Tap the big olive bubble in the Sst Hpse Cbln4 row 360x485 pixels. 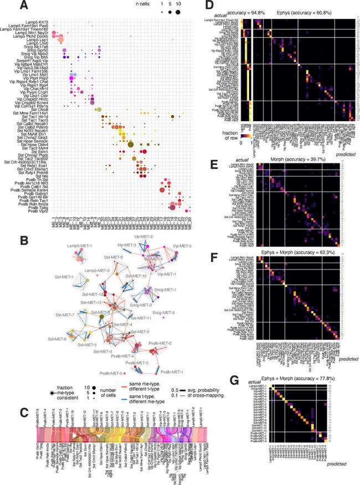tap(131, 145)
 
